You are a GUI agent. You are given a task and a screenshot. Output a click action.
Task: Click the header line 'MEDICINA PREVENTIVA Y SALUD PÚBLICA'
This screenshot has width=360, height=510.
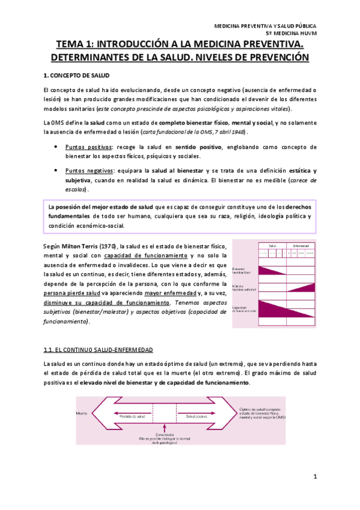(265, 26)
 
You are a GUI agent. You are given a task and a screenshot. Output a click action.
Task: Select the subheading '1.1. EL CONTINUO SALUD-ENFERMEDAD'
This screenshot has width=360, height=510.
(98, 349)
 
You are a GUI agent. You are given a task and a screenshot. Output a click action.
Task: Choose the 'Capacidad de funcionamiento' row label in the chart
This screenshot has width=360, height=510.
(244, 310)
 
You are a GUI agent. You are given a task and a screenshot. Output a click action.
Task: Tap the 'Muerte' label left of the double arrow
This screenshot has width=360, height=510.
(82, 413)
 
